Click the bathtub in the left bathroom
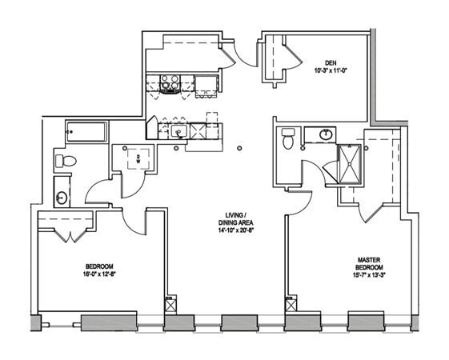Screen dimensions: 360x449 [86, 132]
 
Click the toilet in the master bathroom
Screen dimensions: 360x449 [289, 140]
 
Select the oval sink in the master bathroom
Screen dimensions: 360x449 [326, 134]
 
